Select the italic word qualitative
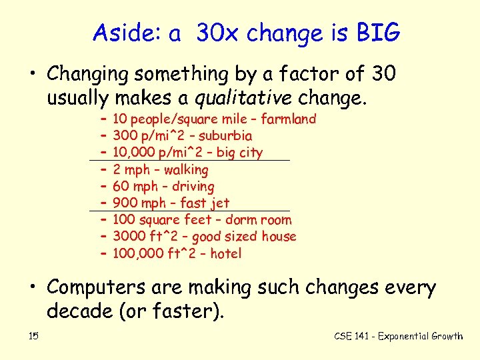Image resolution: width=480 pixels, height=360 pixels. pyautogui.click(x=242, y=99)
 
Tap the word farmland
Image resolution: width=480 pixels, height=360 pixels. pyautogui.click(x=288, y=119)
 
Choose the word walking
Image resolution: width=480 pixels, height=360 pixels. pyautogui.click(x=186, y=170)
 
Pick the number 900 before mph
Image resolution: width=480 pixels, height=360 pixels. pyautogui.click(x=125, y=203)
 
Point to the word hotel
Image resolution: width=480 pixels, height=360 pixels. pyautogui.click(x=225, y=253)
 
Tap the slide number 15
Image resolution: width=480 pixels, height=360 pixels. pyautogui.click(x=33, y=336)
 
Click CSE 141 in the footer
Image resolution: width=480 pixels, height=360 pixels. pyautogui.click(x=353, y=336)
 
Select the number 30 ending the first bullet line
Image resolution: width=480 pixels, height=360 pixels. pyautogui.click(x=383, y=74)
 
